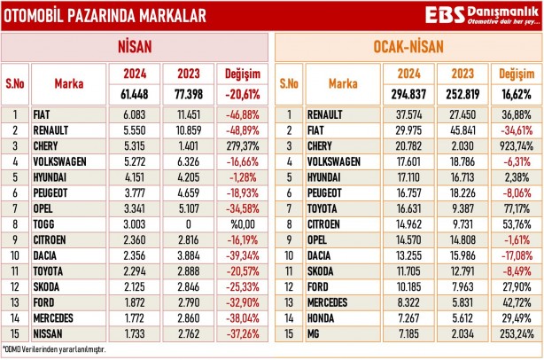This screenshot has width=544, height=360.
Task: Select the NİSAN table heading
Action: click(x=135, y=46)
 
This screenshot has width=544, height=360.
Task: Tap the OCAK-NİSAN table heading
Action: click(x=408, y=46)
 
